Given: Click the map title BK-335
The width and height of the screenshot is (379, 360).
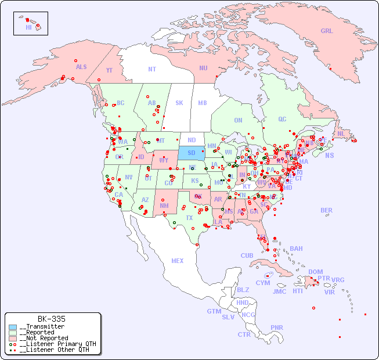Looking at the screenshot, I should coord(51,319).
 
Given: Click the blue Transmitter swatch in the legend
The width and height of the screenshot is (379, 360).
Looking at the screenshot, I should coord(13,326).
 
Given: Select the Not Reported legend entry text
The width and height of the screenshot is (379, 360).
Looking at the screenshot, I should coord(44,338).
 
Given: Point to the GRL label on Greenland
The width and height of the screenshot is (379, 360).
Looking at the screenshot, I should coord(327,31).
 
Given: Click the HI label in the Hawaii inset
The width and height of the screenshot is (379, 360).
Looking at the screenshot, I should coord(28,27).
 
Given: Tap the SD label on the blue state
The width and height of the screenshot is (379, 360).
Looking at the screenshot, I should coord(191,153).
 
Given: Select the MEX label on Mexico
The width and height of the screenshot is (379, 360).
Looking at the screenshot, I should coord(178,261).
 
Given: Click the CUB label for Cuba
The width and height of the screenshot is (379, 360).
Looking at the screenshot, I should coord(247,255).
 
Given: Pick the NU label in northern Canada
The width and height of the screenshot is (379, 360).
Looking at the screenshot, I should coord(203,68).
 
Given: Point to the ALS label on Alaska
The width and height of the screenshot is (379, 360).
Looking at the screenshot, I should coord(81,67).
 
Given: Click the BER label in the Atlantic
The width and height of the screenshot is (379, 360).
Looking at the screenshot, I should coord(326,210).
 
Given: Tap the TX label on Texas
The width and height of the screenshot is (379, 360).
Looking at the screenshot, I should coord(189,218).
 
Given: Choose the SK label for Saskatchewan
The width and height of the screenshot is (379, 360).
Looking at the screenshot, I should coord(179,103).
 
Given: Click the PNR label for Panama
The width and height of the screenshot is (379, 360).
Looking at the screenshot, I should coord(277,327).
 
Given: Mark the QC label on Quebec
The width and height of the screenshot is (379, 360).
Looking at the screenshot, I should coord(282,119).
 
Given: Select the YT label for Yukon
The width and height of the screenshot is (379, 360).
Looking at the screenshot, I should coord(109,70).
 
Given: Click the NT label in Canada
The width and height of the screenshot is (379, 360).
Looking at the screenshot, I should coord(151,69).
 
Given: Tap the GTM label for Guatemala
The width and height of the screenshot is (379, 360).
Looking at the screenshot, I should coord(214,311).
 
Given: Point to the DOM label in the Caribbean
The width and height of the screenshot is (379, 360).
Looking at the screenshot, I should coord(315,272).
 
